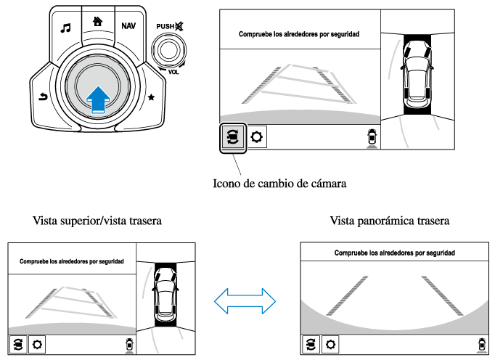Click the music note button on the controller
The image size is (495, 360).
click(66, 28)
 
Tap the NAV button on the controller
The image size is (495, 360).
click(128, 25)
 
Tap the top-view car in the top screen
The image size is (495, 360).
click(417, 71)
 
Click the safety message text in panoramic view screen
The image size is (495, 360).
click(394, 253)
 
